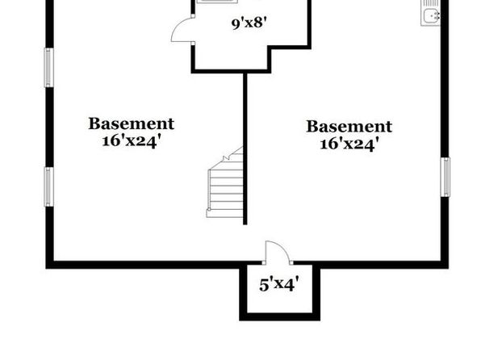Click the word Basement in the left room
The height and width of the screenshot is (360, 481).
pyautogui.click(x=132, y=123)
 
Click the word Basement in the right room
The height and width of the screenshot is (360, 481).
pyautogui.click(x=349, y=127)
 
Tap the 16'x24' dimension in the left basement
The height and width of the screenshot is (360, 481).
pyautogui.click(x=132, y=141)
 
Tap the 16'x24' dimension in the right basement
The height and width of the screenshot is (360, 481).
pyautogui.click(x=349, y=144)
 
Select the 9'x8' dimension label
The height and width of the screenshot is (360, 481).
pyautogui.click(x=249, y=23)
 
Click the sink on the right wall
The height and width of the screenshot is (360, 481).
pyautogui.click(x=430, y=13)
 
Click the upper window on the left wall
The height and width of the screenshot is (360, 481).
pyautogui.click(x=48, y=68)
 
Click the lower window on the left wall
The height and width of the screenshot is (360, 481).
pyautogui.click(x=48, y=186)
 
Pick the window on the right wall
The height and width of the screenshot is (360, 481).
pyautogui.click(x=445, y=177)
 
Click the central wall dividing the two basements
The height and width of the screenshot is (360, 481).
pyautogui.click(x=245, y=149)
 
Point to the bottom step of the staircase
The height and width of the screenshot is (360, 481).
pyautogui.click(x=225, y=214)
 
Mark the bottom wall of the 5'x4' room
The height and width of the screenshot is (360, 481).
pyautogui.click(x=280, y=317)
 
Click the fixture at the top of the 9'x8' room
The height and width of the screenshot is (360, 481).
pyautogui.click(x=217, y=2)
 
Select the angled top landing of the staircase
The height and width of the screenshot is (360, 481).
pyautogui.click(x=233, y=158)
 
